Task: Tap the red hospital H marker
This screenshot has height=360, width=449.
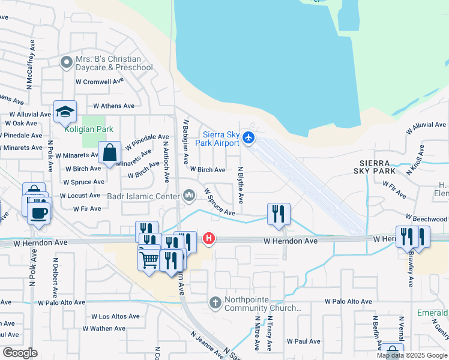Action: point(209,239)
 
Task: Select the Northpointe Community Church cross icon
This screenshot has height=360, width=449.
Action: point(216,302)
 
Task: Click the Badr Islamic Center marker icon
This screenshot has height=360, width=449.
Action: point(190,195)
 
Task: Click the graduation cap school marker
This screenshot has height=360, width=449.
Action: point(65,112)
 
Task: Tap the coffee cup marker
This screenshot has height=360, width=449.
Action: point(40,212)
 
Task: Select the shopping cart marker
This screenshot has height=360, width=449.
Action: point(149,260)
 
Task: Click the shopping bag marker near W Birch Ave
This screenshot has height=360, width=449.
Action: point(110,153)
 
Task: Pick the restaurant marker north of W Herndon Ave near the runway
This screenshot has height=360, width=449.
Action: point(279,214)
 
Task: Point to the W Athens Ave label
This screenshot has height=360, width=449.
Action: point(113,106)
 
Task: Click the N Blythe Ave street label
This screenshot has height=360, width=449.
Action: point(241,185)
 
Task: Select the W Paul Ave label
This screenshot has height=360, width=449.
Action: point(304,341)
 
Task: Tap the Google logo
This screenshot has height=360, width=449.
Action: point(20,353)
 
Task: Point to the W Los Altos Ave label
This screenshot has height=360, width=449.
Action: point(115,316)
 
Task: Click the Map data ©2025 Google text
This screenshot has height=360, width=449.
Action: point(412,356)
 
